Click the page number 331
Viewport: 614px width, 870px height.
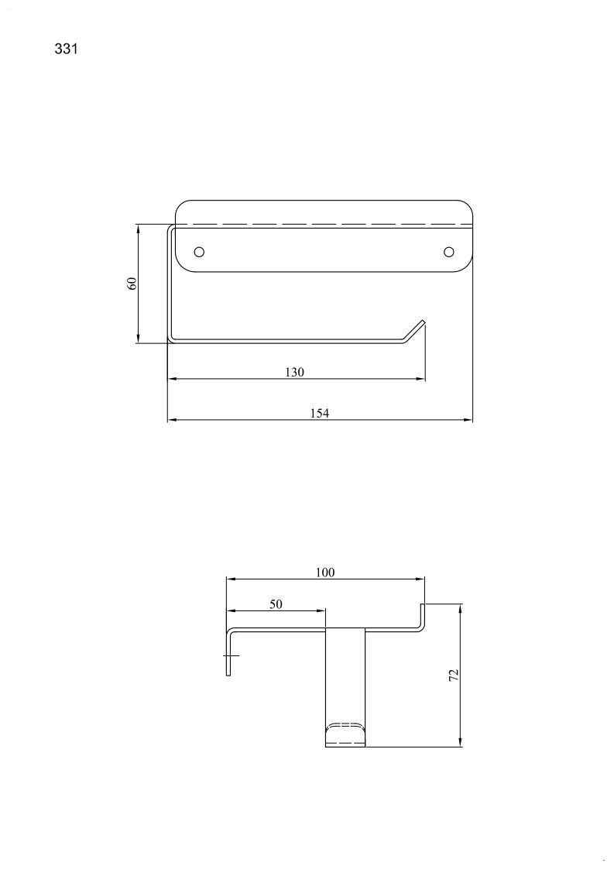66,49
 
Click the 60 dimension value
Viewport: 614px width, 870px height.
132,284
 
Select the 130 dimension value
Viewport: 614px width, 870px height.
294,372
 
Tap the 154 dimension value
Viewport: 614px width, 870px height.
320,414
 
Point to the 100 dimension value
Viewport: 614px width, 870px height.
325,572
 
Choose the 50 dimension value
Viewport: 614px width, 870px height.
276,604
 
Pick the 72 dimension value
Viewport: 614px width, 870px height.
454,675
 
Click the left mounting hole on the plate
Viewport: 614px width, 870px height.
199,252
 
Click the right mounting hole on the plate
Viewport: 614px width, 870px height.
449,252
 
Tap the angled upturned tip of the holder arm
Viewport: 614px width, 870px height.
414,331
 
